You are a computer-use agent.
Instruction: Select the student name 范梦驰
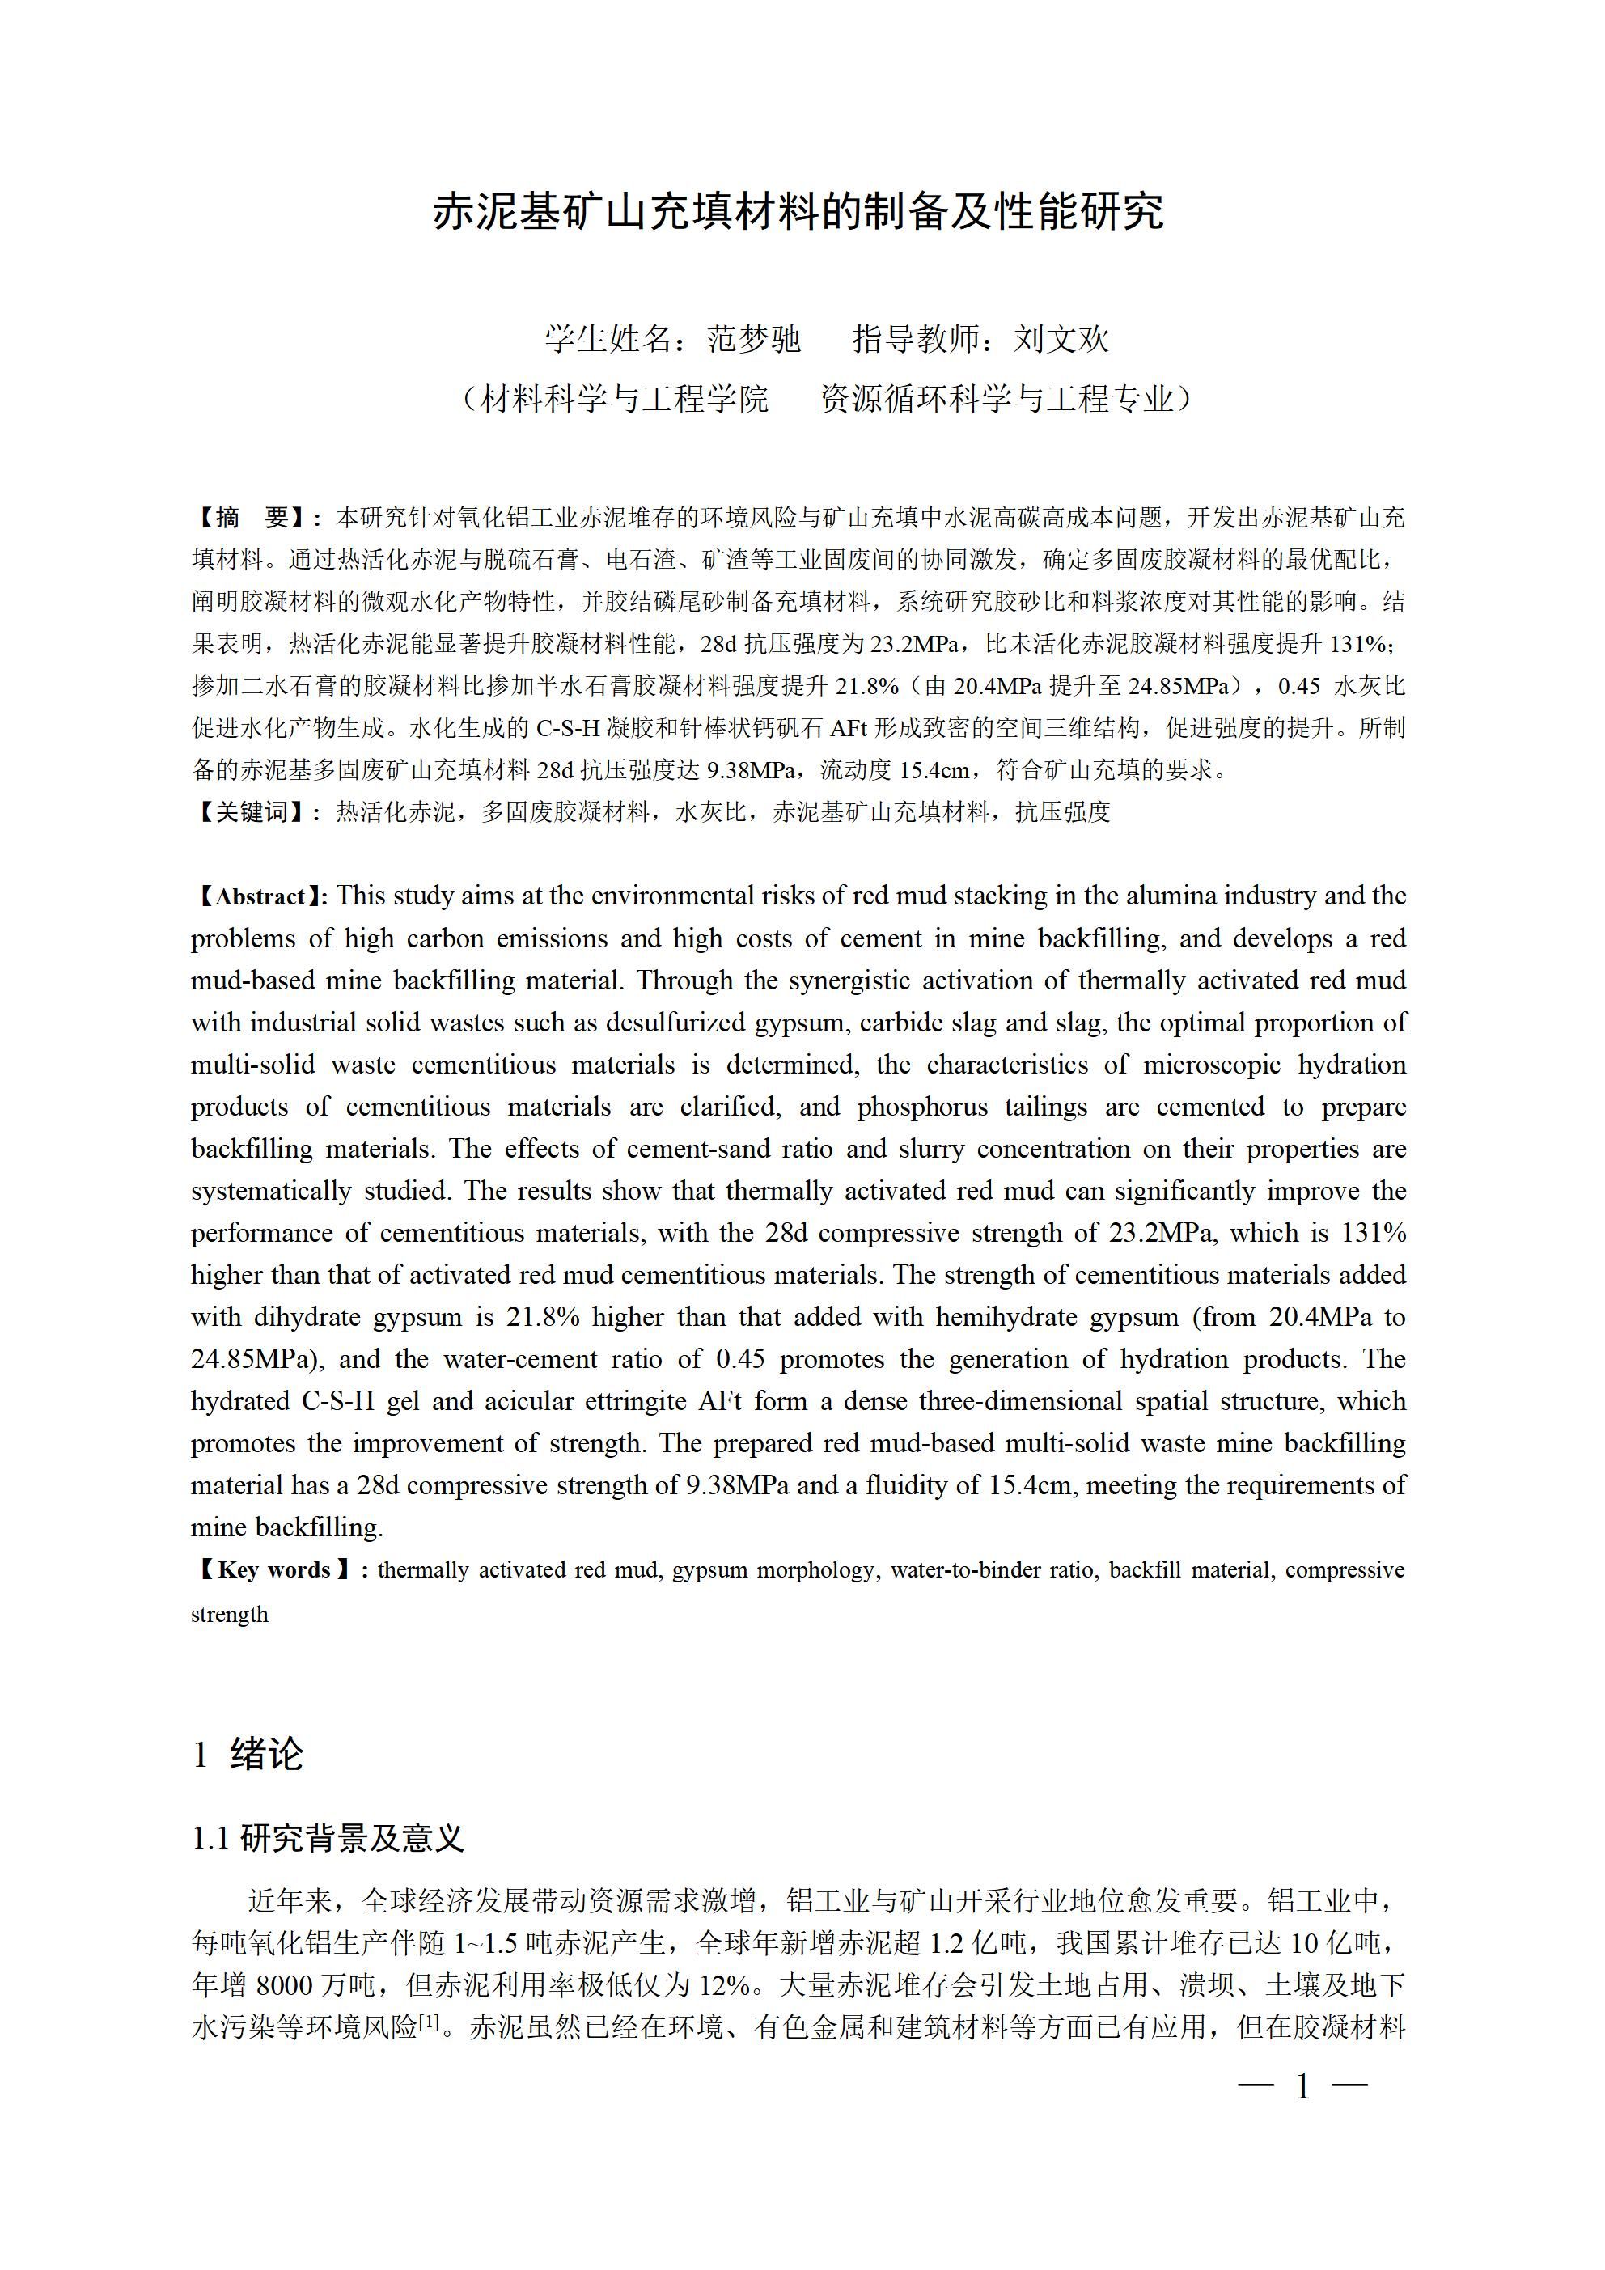[x=752, y=340]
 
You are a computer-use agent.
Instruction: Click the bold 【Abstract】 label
[x=258, y=896]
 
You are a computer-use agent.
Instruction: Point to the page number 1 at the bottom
[x=1303, y=2087]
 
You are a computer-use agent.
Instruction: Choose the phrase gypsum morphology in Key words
[x=773, y=1570]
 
